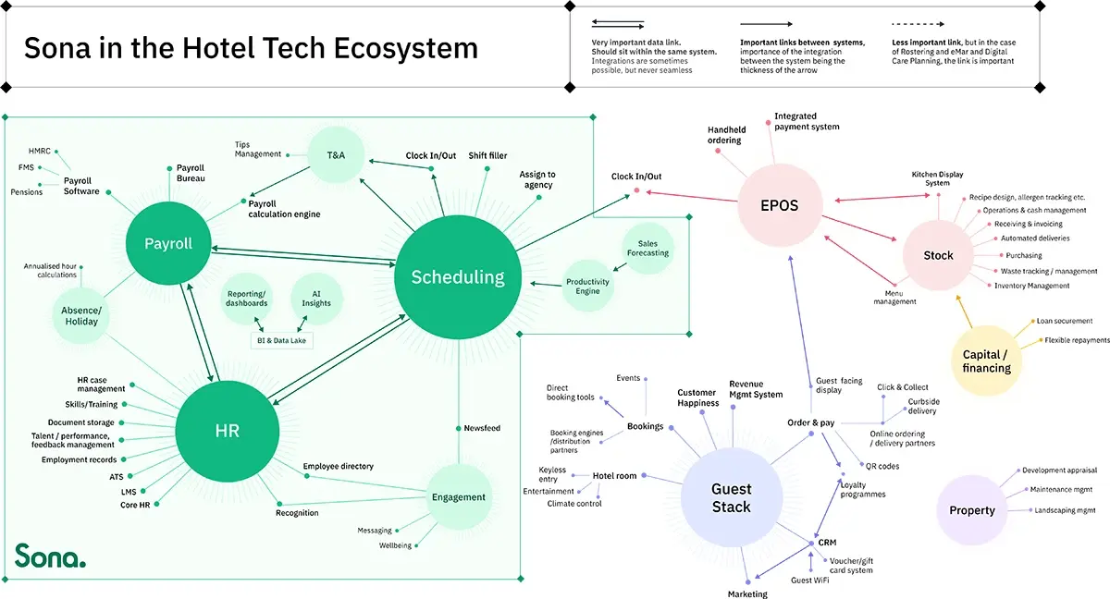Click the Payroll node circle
[x=168, y=244]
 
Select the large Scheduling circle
[x=458, y=276]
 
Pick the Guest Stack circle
[x=731, y=497]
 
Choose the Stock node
[x=938, y=255]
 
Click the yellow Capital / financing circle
[x=986, y=361]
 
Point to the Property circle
[x=971, y=510]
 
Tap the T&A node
[x=336, y=154]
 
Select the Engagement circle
[x=458, y=497]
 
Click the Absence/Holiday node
[x=80, y=315]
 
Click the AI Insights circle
[x=316, y=298]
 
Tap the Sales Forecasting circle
[x=647, y=248]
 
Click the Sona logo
[x=49, y=556]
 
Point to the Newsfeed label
[x=482, y=428]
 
